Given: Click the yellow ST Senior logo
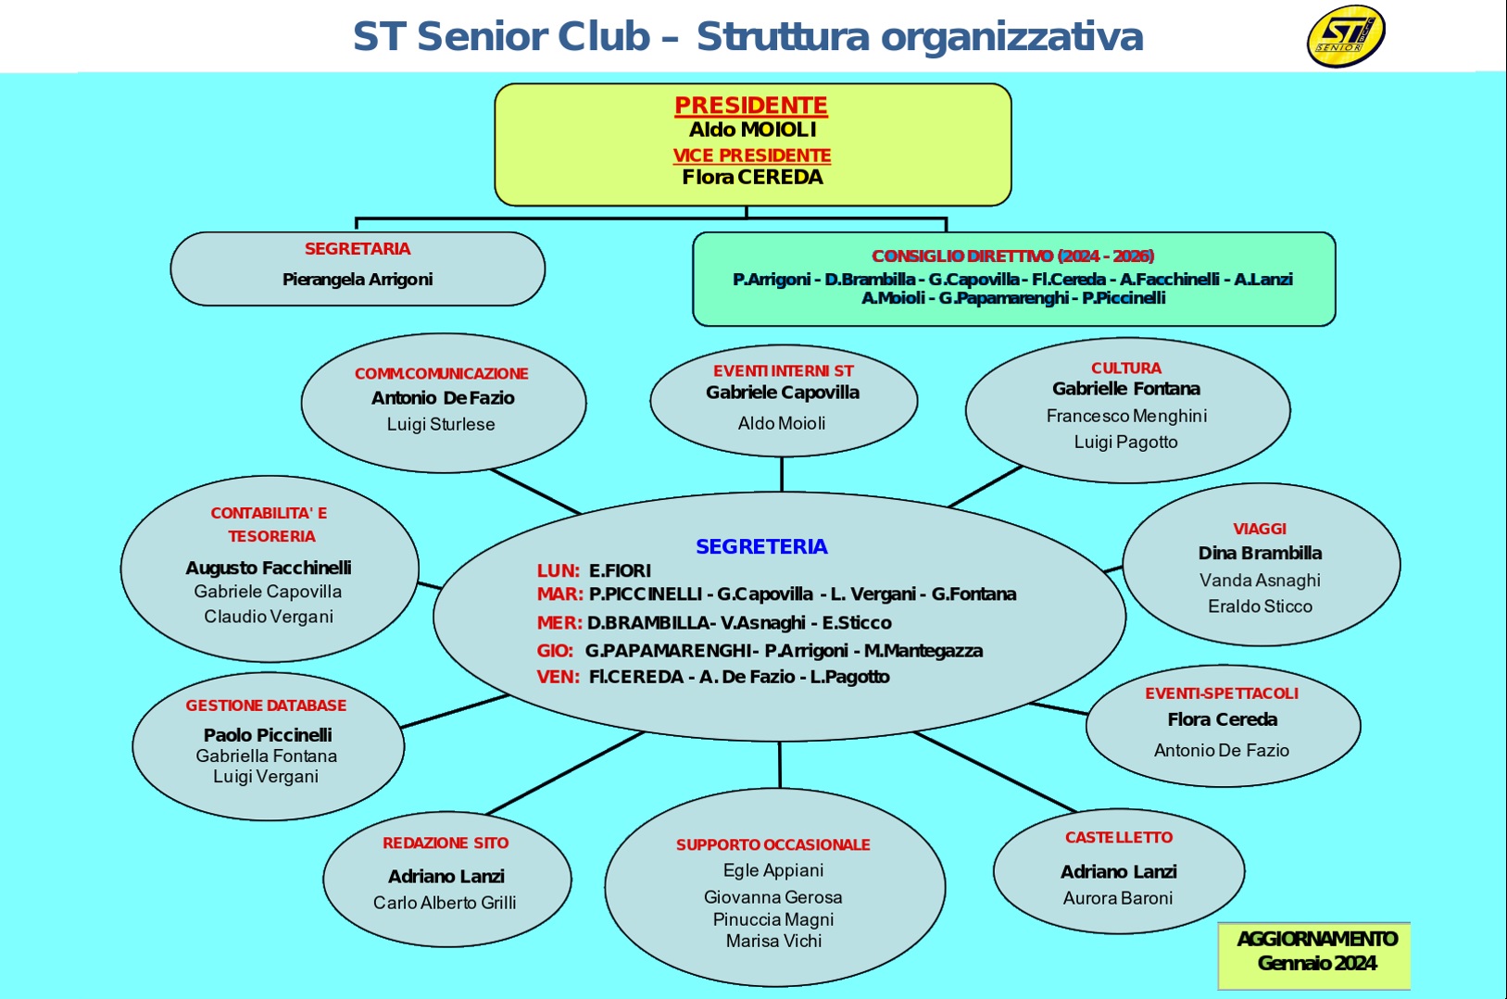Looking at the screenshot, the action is [x=1346, y=35].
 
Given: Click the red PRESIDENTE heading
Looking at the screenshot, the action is [x=751, y=106].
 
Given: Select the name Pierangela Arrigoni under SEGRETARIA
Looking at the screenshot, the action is [x=358, y=280].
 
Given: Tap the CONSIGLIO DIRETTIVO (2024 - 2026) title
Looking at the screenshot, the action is [x=1013, y=256].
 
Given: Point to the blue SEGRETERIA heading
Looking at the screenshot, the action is [x=761, y=546].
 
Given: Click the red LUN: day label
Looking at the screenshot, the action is [x=559, y=570].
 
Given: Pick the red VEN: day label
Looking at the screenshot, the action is [x=558, y=677].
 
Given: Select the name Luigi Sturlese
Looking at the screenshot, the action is [x=441, y=424].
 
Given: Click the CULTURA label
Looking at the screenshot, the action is [x=1126, y=368].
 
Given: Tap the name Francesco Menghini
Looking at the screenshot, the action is [x=1126, y=416].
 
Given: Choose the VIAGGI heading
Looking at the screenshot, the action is [x=1260, y=529].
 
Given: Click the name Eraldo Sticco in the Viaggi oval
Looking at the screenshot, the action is [x=1260, y=606].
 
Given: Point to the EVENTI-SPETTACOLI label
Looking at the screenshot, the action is [x=1222, y=693].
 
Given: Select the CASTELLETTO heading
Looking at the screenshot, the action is [x=1119, y=838].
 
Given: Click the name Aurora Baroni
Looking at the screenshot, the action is [x=1118, y=898].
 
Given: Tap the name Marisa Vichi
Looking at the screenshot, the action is [x=773, y=942].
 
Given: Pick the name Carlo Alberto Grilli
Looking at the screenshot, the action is [x=445, y=903].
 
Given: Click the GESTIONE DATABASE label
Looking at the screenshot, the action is [x=267, y=706].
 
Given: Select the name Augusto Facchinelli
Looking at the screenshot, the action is [x=269, y=568].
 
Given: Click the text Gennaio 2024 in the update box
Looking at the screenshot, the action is [x=1317, y=964].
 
